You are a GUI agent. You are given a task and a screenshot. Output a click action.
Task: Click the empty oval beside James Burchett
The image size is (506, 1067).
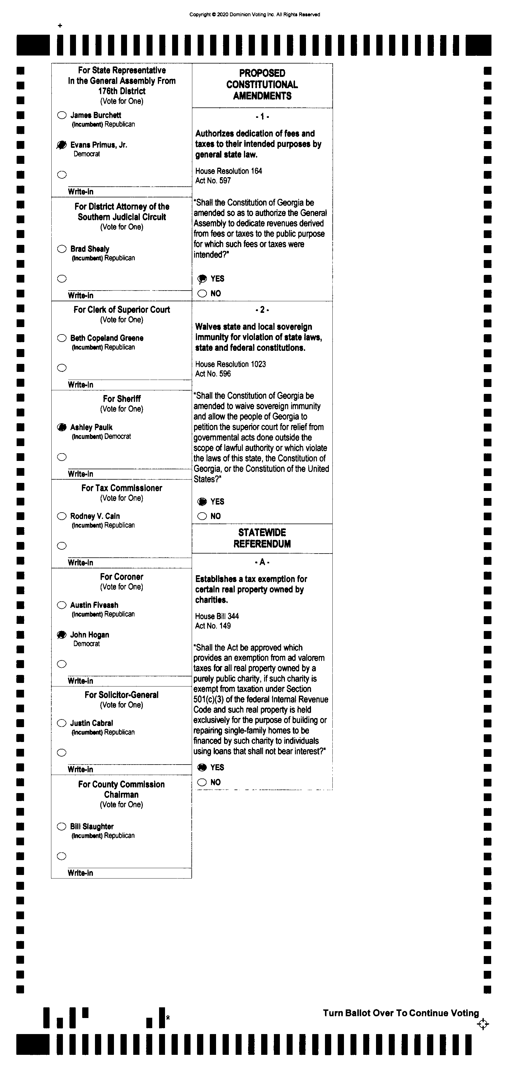[x=62, y=115]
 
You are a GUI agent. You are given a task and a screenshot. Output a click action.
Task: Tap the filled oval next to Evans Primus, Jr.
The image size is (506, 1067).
[x=62, y=145]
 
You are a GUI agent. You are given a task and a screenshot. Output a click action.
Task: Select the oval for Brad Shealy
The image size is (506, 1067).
[x=62, y=249]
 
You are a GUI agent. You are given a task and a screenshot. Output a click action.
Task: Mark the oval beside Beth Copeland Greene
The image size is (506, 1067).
[x=62, y=338]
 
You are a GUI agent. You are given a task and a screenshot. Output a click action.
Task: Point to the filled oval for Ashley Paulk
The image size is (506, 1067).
[x=62, y=427]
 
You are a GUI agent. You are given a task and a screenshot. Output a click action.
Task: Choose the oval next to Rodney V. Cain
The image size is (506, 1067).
[x=62, y=516]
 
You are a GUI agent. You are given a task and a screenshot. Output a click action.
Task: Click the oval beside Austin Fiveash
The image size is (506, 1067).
[x=62, y=605]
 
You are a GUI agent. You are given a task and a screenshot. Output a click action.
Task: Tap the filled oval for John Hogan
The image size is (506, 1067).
[x=62, y=635]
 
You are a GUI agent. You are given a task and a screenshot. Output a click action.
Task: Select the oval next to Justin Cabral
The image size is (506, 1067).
[x=62, y=723]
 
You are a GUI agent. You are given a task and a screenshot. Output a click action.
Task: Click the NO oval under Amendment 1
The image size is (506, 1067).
[x=202, y=294]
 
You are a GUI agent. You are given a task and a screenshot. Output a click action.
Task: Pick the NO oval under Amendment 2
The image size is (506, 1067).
[x=202, y=516]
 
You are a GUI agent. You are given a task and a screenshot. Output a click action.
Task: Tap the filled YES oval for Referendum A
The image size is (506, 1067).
[x=202, y=768]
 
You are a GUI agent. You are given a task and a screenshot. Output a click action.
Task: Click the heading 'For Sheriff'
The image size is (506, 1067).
[x=122, y=399]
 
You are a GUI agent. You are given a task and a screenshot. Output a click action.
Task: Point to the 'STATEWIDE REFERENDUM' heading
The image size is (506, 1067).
[x=262, y=538]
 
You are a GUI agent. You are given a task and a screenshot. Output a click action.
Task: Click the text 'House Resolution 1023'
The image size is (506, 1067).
[x=231, y=364]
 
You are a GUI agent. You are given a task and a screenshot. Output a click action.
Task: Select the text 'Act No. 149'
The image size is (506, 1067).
[x=213, y=626]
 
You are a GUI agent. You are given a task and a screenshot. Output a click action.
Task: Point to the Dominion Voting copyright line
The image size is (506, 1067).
[x=255, y=15]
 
